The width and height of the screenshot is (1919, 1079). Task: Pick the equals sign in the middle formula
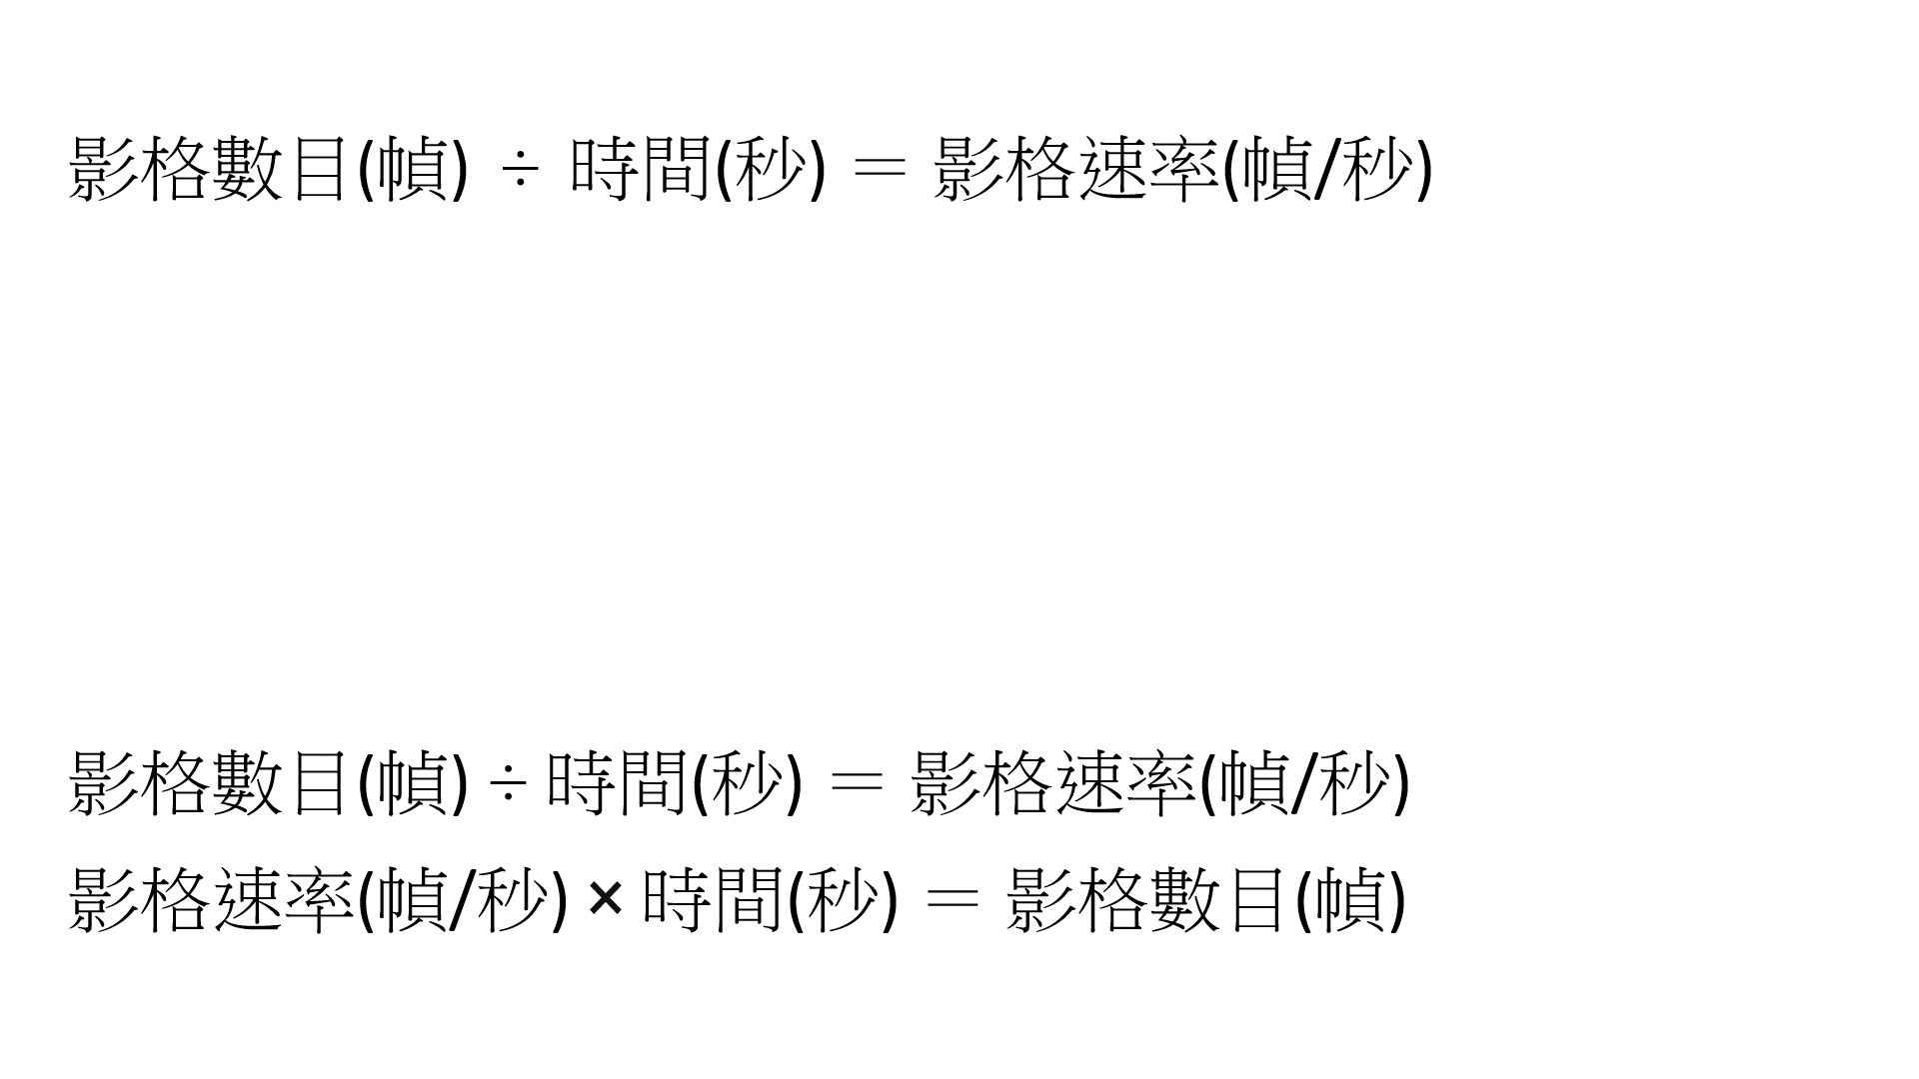click(x=857, y=784)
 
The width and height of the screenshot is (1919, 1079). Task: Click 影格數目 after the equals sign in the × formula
click(x=1145, y=899)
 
